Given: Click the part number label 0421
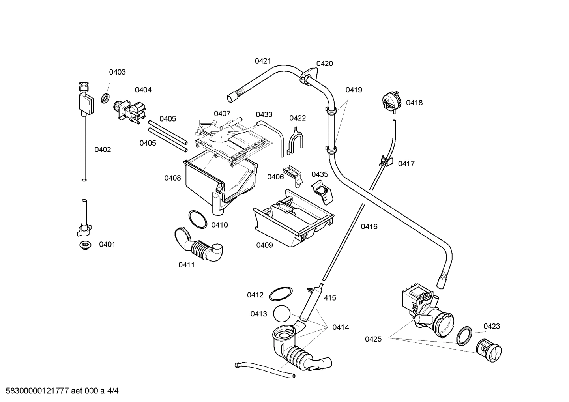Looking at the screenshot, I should (263, 61).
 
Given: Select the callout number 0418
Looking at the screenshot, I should (414, 103).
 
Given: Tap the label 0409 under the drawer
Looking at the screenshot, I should (264, 245).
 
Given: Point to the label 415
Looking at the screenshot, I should (330, 298).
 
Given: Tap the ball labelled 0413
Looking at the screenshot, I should (281, 314).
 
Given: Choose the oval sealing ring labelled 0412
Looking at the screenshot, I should (281, 294).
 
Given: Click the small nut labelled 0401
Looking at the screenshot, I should (84, 245).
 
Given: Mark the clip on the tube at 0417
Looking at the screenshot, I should (386, 161).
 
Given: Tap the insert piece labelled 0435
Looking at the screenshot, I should (323, 192).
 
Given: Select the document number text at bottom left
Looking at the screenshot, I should (60, 391).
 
